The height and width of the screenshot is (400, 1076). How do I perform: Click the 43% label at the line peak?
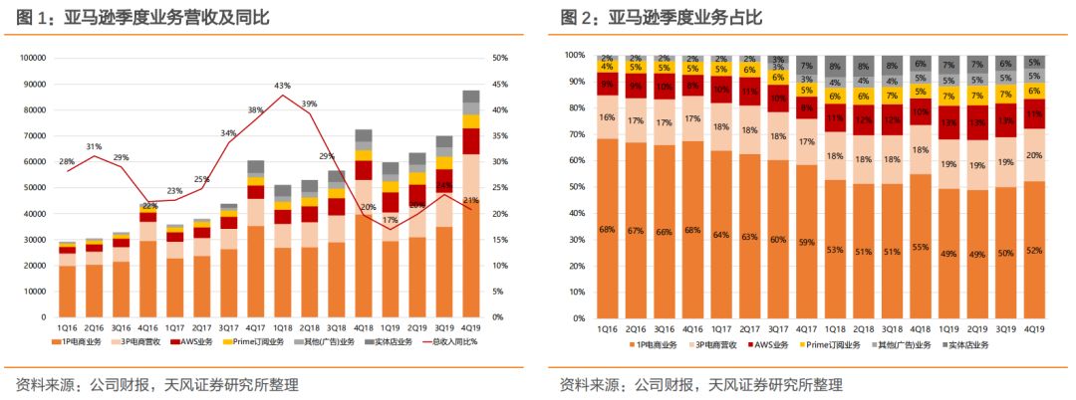[x=282, y=86]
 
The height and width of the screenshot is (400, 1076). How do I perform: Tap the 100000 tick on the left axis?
[x=33, y=58]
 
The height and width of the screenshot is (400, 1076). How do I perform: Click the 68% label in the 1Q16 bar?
[x=607, y=231]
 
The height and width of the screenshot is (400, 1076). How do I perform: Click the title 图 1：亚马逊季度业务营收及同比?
[x=143, y=17]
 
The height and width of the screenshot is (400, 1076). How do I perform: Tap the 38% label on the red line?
[x=256, y=110]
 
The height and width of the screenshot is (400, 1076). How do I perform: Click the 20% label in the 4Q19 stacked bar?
[x=1036, y=155]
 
